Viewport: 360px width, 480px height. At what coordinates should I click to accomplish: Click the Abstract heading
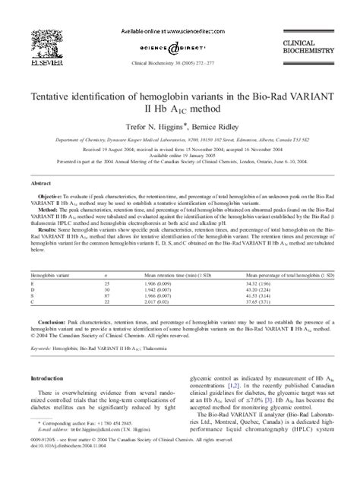(40, 184)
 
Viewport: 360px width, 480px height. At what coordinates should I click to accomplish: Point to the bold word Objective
(52, 196)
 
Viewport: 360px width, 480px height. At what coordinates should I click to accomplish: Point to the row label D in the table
(32, 288)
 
